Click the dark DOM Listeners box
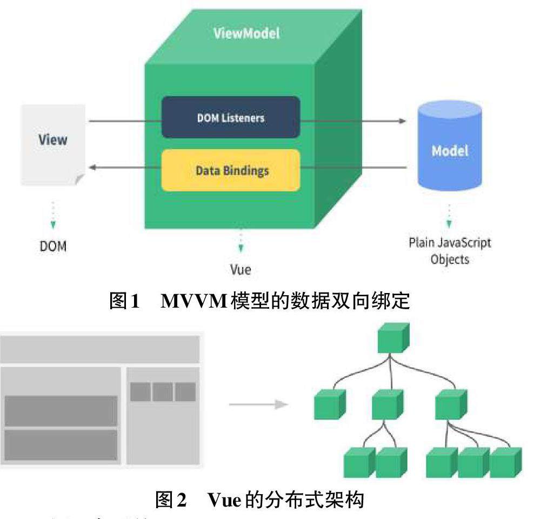click(231, 117)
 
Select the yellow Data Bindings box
click(231, 170)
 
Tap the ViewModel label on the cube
click(247, 33)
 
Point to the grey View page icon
click(53, 144)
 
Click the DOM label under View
click(53, 246)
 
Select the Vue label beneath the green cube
click(241, 269)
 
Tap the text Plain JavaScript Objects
click(450, 250)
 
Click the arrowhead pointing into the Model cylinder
click(402, 121)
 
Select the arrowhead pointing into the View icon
click(92, 168)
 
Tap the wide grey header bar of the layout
click(99, 349)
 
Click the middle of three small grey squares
click(163, 392)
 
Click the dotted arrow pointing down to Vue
click(241, 242)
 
